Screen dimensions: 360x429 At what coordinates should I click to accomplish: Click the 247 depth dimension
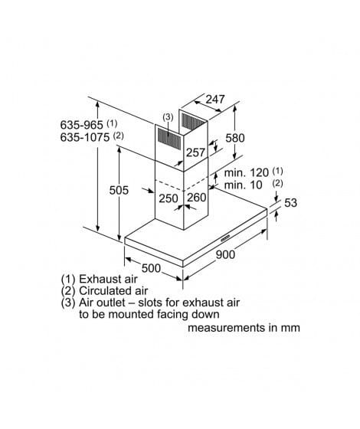[215, 100]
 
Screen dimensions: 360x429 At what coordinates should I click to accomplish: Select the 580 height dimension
[234, 138]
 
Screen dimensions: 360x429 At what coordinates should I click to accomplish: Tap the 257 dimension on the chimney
[195, 152]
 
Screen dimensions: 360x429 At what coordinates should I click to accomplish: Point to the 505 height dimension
[119, 190]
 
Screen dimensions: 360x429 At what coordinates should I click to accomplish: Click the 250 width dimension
[169, 198]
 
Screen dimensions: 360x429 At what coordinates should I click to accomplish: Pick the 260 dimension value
[197, 198]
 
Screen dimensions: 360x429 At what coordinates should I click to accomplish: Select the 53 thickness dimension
[290, 203]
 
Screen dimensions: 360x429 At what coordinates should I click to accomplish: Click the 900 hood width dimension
[225, 254]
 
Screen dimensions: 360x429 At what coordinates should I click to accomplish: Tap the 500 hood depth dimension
[151, 268]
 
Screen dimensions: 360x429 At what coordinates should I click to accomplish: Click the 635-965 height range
[81, 125]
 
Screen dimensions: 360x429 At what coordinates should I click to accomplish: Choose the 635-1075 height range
[85, 137]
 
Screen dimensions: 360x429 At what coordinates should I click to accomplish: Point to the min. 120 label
[246, 172]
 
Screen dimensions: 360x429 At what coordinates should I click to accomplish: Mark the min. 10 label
[244, 185]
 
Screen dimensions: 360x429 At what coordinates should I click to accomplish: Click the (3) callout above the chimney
[168, 117]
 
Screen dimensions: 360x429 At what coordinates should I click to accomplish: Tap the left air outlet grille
[169, 139]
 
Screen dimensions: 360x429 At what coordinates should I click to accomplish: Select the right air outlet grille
[192, 122]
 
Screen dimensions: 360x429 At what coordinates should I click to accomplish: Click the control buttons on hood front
[226, 238]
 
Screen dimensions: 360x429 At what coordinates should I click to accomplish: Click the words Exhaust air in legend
[108, 279]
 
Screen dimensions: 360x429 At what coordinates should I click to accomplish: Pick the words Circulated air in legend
[113, 290]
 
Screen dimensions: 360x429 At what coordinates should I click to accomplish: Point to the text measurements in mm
[244, 328]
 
